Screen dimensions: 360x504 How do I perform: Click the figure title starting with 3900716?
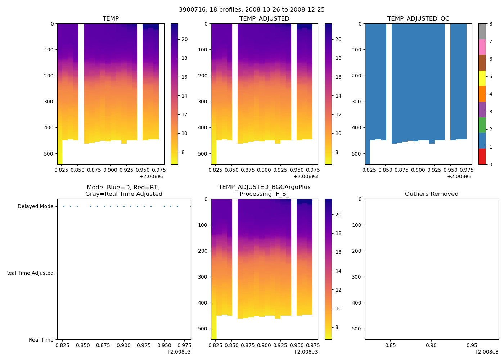coord(252,10)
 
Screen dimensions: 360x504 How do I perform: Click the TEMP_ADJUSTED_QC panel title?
coord(418,19)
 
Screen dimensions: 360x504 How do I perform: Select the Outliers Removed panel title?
coord(431,194)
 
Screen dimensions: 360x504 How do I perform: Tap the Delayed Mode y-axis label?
coord(35,207)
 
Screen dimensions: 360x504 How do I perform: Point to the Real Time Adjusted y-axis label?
coord(29,273)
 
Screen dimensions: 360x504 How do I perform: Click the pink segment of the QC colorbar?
coord(482,47)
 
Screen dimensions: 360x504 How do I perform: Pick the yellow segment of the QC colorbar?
coord(482,78)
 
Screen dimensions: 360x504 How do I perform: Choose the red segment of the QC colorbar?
coord(482,157)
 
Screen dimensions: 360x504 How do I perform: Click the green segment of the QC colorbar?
coord(482,125)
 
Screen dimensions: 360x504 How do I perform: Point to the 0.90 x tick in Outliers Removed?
coord(431,346)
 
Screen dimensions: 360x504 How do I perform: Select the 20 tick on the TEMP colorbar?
coord(184,40)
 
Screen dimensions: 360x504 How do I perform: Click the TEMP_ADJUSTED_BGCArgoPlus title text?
coord(264,187)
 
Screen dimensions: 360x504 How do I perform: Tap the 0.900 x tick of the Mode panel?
coord(123,346)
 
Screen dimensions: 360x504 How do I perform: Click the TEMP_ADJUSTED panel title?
coord(264,19)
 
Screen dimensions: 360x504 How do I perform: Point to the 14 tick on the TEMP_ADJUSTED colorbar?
coord(338,96)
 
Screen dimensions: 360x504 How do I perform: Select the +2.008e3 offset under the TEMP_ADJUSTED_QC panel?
coord(459,176)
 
